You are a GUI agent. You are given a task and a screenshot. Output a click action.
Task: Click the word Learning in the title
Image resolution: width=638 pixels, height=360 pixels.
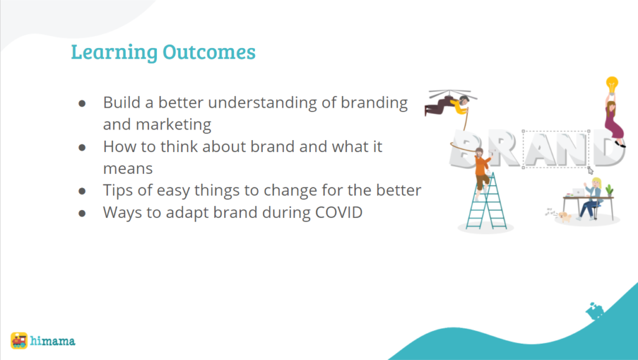115,52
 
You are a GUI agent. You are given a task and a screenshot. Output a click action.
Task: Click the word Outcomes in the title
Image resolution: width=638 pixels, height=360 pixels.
209,52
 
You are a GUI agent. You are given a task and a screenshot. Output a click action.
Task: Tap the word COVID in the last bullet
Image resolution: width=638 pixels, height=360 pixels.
339,212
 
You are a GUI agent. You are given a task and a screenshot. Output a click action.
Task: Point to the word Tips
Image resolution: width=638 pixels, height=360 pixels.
118,191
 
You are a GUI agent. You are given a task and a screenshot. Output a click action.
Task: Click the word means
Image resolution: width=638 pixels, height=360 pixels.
128,169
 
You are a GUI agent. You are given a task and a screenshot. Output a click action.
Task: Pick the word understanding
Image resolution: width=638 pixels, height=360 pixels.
262,103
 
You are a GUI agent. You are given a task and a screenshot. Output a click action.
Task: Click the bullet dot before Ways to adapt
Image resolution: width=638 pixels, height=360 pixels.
82,213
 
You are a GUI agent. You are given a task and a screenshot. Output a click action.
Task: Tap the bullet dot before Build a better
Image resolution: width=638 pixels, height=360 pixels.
82,103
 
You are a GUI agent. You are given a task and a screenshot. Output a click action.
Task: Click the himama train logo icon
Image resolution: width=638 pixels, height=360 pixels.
19,341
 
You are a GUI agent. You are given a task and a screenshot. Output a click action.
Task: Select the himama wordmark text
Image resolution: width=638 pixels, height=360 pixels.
52,341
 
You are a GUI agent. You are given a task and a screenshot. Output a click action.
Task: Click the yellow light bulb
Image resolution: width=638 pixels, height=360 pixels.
612,85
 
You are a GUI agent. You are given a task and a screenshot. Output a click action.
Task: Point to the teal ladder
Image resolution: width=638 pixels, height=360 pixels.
486,201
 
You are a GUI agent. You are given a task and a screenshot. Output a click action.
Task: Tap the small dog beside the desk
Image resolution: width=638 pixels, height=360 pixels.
564,216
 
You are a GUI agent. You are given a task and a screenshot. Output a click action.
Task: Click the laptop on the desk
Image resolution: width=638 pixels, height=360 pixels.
578,192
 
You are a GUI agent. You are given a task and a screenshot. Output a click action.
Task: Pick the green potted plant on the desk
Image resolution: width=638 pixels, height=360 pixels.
609,191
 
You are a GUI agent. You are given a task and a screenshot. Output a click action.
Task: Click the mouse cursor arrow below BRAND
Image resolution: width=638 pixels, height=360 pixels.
591,171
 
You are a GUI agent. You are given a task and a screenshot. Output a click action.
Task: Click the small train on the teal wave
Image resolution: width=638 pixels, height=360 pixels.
594,311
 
